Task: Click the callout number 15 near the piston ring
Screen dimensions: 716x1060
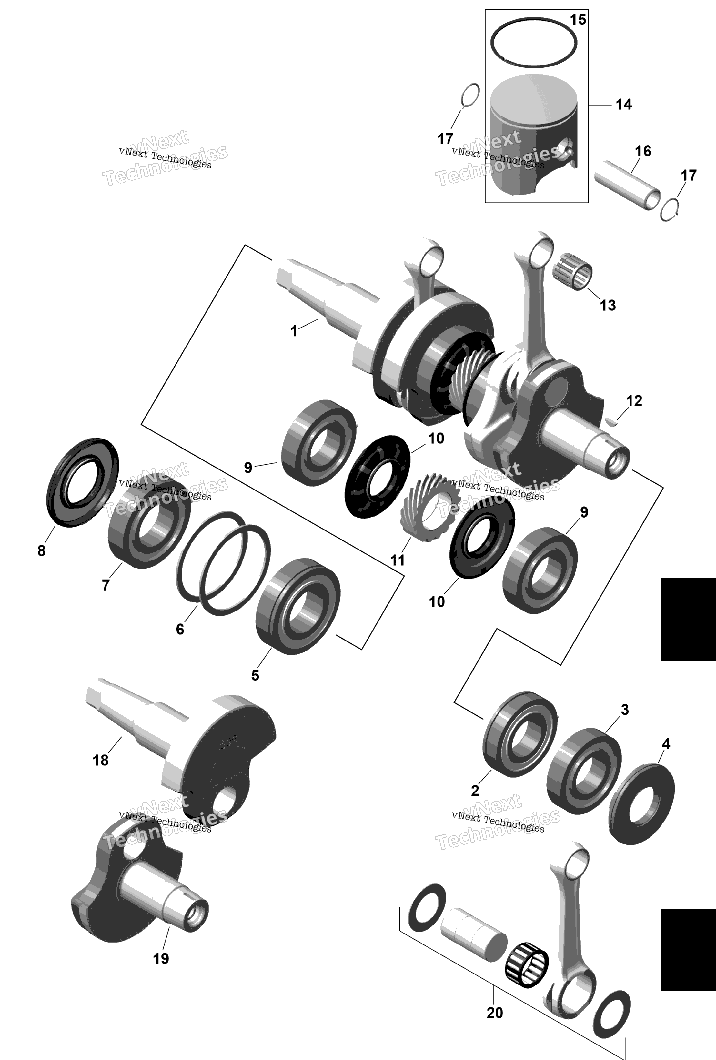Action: coord(578,20)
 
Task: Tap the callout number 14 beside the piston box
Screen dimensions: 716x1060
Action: coord(624,105)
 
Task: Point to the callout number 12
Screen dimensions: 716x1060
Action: coord(634,400)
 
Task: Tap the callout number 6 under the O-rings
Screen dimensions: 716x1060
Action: coord(180,630)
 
